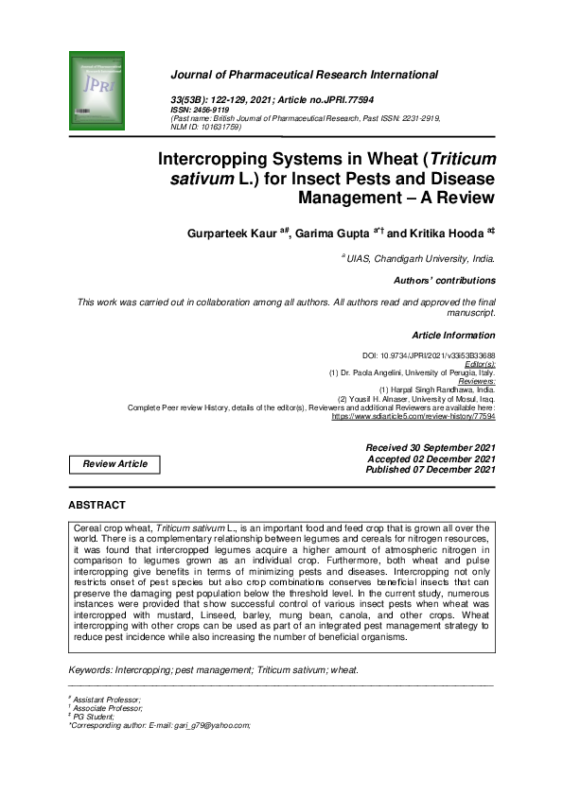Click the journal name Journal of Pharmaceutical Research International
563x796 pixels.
point(304,75)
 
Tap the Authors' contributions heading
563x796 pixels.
point(444,281)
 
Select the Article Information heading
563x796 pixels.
point(453,335)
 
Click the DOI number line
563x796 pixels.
point(430,355)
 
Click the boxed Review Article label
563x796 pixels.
point(114,464)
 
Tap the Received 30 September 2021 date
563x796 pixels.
point(431,446)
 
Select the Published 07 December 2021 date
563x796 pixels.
point(431,469)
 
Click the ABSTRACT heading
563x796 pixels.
point(97,506)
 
